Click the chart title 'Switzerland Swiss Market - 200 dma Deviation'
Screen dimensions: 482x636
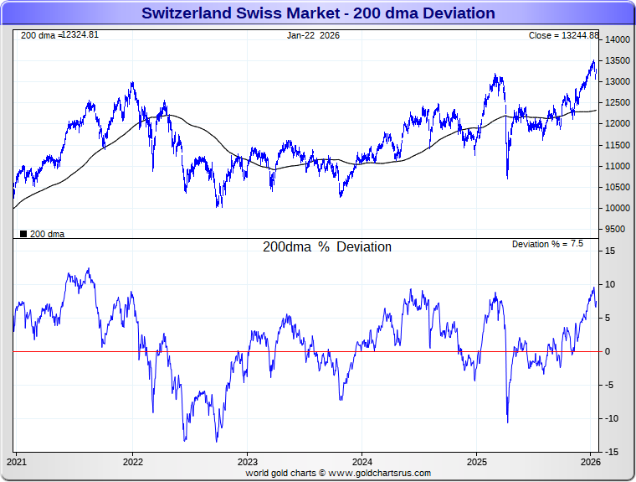pos(318,13)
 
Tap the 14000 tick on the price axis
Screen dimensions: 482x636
pos(618,40)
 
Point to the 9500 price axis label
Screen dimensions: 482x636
pos(616,230)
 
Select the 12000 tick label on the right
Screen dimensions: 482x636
pos(618,124)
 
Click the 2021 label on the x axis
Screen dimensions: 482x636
pos(17,461)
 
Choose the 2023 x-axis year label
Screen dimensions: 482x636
pos(247,461)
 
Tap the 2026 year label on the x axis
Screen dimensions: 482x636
pos(591,461)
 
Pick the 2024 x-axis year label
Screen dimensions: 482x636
pos(362,461)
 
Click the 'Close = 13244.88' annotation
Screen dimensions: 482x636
pos(563,35)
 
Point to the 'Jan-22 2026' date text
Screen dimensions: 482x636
pos(313,35)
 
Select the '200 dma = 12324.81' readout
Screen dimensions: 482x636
pos(59,35)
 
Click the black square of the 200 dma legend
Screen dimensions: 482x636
pos(23,234)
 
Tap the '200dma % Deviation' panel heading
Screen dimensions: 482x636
pos(326,247)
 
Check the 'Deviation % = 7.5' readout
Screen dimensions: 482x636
pos(547,244)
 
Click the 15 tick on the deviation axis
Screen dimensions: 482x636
pos(611,251)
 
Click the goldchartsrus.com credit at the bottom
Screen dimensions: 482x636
pos(338,474)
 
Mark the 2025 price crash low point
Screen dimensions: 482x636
pos(507,178)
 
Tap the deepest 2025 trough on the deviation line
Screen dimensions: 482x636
pos(507,422)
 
